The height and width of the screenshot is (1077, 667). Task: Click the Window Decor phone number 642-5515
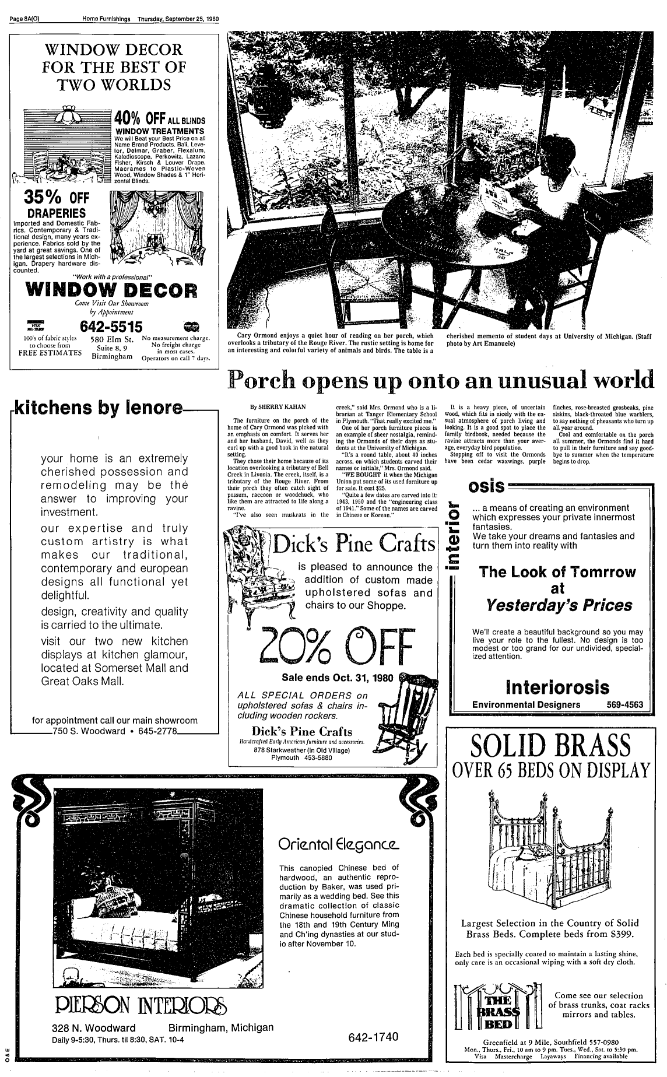(111, 326)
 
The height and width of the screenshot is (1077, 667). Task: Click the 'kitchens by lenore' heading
(97, 409)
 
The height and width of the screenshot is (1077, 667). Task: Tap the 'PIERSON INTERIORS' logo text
(141, 1006)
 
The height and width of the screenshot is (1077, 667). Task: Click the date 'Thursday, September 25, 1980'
(178, 19)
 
